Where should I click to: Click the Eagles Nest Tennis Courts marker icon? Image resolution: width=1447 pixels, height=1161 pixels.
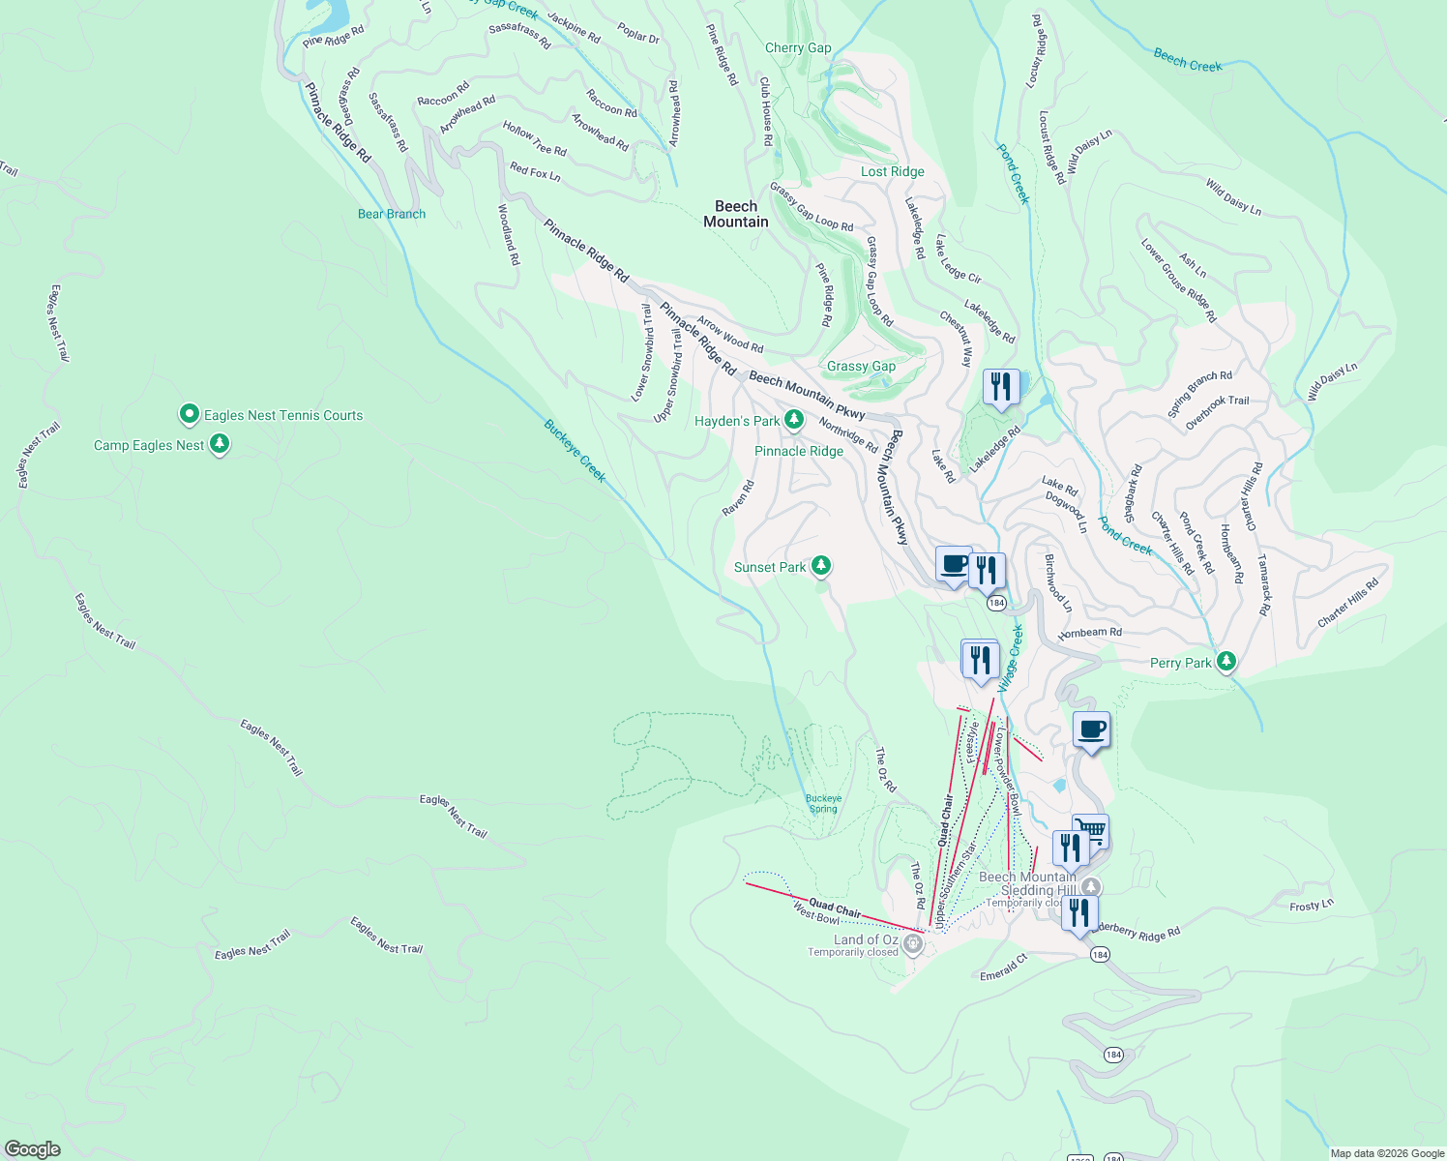190,415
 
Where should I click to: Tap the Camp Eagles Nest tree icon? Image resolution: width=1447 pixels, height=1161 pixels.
220,444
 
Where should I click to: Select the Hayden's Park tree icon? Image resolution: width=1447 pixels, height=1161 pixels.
794,420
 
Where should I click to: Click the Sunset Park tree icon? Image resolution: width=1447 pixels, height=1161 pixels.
821,566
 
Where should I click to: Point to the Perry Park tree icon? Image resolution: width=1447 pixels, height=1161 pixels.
1226,662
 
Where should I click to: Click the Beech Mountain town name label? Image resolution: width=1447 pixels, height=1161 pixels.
736,214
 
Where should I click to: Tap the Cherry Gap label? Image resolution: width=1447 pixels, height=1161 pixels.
798,47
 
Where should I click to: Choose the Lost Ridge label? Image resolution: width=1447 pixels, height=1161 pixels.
893,171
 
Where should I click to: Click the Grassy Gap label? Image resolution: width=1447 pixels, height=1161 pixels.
861,366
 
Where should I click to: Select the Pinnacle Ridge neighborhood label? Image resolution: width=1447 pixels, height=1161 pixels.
799,451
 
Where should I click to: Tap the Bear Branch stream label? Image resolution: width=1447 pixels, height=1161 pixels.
392,214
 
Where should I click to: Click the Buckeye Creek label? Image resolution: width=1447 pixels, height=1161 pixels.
575,451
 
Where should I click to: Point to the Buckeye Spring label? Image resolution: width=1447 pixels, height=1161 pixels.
823,804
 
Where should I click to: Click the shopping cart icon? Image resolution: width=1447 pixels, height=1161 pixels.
1091,829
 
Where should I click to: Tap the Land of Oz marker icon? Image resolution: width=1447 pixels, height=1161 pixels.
912,941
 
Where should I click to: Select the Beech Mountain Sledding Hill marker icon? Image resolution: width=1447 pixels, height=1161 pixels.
1091,886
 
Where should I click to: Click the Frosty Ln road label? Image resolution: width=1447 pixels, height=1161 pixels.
1312,906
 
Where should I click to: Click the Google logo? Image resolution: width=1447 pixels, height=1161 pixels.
33,1149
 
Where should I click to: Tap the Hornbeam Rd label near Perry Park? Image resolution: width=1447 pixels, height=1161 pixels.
1090,633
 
